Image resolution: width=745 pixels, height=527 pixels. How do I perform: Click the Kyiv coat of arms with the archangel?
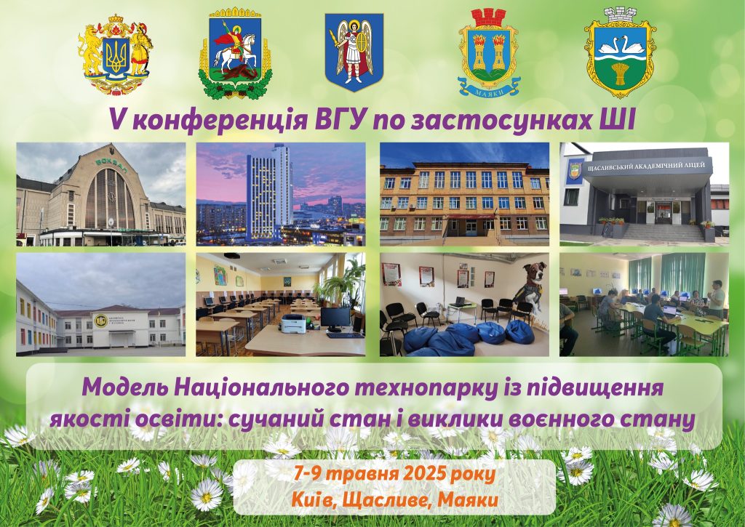coord(354,52)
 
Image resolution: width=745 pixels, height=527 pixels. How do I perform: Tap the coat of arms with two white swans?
coord(620,53)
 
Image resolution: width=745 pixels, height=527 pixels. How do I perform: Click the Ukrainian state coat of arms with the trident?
coord(116,55)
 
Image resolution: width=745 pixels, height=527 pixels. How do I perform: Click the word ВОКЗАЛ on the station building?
coord(109,162)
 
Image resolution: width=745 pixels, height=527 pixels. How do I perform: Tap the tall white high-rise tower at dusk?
coord(269,193)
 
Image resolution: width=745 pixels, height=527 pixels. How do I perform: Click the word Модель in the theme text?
coord(124,388)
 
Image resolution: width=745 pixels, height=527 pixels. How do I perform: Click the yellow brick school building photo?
coord(464,194)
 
